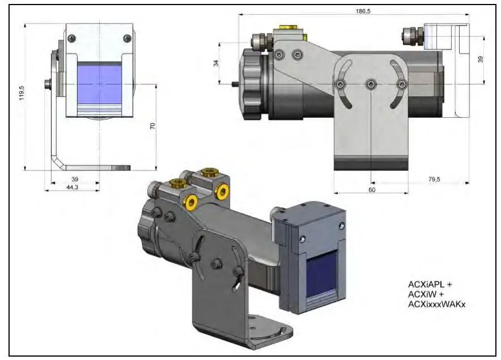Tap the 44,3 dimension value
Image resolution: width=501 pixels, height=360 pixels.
point(72,187)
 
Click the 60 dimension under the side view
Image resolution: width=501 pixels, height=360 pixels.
point(371,190)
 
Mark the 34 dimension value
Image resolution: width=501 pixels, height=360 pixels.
point(216,63)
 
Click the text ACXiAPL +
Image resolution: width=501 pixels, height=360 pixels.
point(428,284)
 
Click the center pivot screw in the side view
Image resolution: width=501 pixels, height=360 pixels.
point(370,84)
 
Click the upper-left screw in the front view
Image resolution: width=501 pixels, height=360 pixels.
point(71,38)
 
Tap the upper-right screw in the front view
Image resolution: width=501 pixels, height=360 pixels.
point(126,38)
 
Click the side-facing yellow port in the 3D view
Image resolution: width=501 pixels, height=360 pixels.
point(192,202)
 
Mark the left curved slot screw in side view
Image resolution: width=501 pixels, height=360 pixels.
point(340,84)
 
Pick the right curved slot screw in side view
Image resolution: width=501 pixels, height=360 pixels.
point(401,84)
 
